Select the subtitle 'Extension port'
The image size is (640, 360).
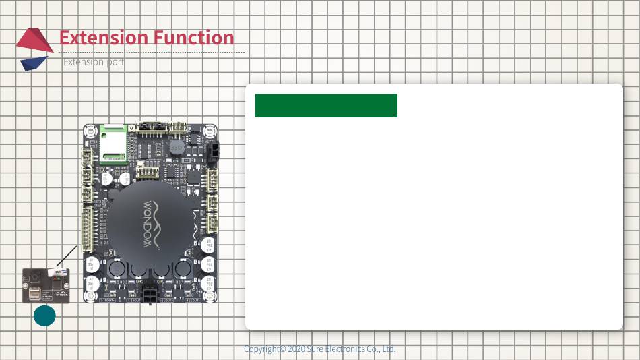tap(94, 62)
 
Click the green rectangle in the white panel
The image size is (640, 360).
tap(326, 106)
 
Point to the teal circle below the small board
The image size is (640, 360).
tap(44, 316)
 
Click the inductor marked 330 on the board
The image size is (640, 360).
tap(177, 147)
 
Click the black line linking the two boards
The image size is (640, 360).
tap(67, 256)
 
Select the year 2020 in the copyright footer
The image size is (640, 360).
tap(297, 349)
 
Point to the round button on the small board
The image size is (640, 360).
tap(32, 277)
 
